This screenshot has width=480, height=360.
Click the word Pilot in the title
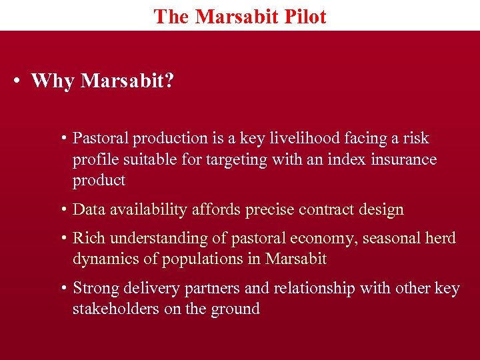tap(304, 16)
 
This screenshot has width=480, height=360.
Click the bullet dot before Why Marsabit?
tap(15, 81)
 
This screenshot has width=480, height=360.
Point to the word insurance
tap(405, 159)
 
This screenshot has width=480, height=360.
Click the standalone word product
tap(99, 180)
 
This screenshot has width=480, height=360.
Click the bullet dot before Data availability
tap(63, 209)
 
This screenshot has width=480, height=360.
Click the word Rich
tap(87, 238)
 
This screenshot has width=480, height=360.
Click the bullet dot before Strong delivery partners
tap(63, 288)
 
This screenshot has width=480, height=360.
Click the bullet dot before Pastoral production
tap(63, 138)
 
